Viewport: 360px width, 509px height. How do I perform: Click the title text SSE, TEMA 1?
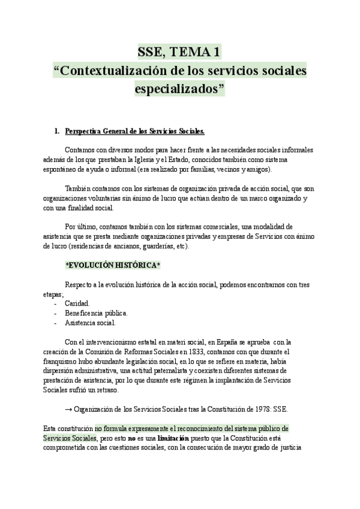179,52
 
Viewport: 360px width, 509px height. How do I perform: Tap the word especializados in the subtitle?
179,89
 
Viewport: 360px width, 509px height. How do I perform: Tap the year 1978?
259,409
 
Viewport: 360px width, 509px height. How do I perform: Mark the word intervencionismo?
103,342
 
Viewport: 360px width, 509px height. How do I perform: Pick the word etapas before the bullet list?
53,294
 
